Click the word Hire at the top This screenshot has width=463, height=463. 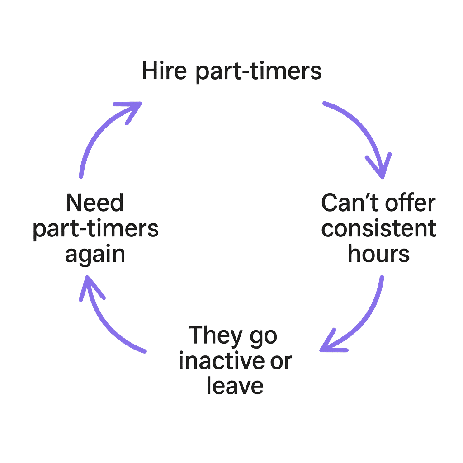pos(164,71)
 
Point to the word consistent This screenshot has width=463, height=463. pos(379,229)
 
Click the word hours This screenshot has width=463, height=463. pos(379,254)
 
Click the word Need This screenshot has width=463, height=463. pos(95,203)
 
